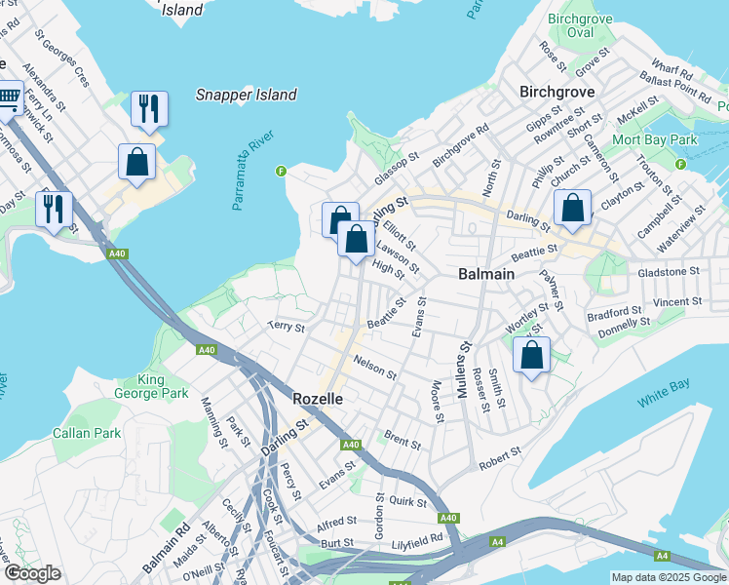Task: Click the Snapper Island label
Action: point(246,95)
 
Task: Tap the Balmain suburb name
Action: point(486,274)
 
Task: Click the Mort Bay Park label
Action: point(655,139)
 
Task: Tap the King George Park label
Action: point(164,386)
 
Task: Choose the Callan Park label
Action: point(86,432)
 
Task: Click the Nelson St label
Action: point(375,367)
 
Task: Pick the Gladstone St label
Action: point(668,272)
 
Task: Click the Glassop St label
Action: point(397,170)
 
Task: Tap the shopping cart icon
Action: point(9,97)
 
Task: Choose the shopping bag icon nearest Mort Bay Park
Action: point(572,207)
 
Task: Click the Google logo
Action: point(33,573)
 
